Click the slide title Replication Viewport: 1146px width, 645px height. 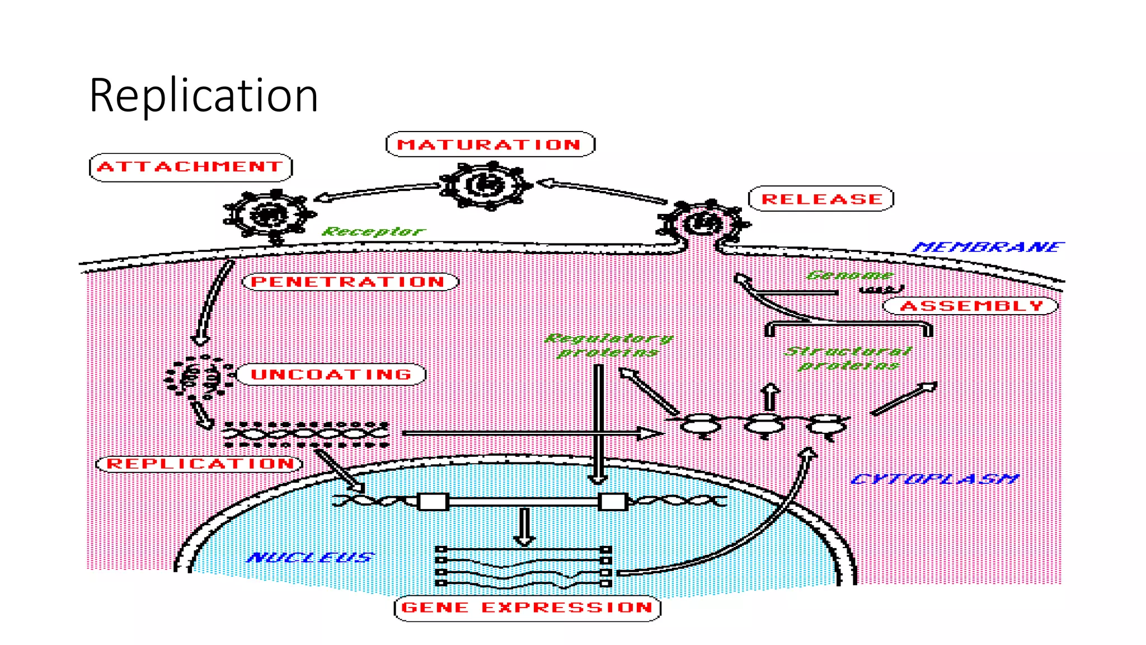pyautogui.click(x=204, y=95)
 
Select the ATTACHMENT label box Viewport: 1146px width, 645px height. pyautogui.click(x=191, y=167)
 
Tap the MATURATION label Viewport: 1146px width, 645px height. pyautogui.click(x=490, y=144)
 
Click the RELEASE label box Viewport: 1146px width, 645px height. pyautogui.click(x=821, y=199)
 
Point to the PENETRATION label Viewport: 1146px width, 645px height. pyautogui.click(x=350, y=282)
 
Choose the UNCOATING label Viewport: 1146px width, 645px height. pyautogui.click(x=331, y=374)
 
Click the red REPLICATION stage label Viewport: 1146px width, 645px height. pyautogui.click(x=200, y=464)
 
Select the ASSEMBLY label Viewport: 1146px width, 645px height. pyautogui.click(x=970, y=306)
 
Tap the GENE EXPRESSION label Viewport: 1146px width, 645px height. pyautogui.click(x=527, y=607)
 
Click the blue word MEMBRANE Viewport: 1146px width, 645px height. pyautogui.click(x=988, y=247)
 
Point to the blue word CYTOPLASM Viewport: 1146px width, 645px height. pyautogui.click(x=933, y=479)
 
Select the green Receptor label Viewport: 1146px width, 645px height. pyautogui.click(x=374, y=231)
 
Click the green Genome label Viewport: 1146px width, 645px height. pyautogui.click(x=849, y=275)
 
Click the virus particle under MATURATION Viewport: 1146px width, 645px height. pyautogui.click(x=485, y=185)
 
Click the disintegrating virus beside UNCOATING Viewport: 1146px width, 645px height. pyautogui.click(x=198, y=377)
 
